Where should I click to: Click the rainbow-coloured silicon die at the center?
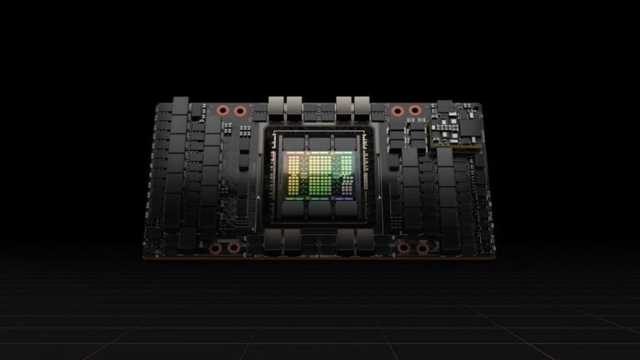pos(319,176)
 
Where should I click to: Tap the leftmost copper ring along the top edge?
pos(223,110)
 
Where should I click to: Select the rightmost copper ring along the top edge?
pos(414,110)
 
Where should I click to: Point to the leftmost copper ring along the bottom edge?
pos(216,247)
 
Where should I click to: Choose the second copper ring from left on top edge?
pos(240,110)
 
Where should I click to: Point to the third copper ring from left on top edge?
pos(397,110)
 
